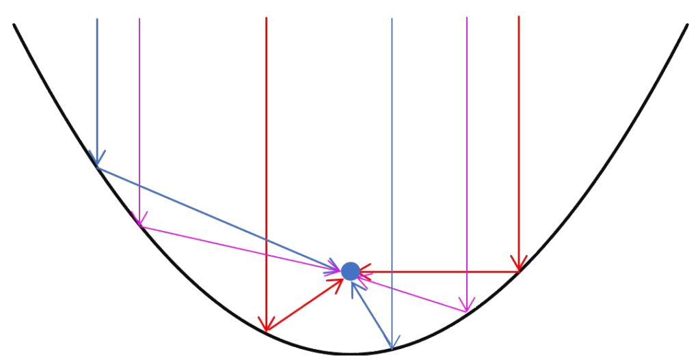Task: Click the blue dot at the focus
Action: pos(350,271)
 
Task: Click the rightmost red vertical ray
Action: pos(519,137)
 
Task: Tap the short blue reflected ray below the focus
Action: pos(371,314)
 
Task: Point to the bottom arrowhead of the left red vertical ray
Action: pos(266,325)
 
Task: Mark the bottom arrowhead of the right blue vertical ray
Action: pos(392,344)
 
